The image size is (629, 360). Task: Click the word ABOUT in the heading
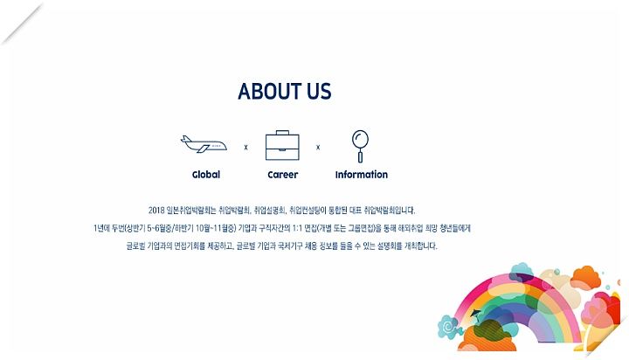(270, 91)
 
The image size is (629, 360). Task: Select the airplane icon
(204, 144)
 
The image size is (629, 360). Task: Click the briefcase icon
(282, 145)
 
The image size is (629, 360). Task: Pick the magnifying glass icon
(360, 146)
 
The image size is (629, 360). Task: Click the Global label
(206, 175)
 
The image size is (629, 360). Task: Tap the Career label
(283, 175)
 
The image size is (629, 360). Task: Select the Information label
(362, 175)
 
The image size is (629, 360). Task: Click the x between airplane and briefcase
(245, 148)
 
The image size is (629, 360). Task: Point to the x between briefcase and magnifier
(318, 148)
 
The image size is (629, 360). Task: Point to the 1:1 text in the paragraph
(297, 228)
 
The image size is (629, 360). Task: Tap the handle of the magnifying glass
(360, 156)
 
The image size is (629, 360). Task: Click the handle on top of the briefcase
(282, 133)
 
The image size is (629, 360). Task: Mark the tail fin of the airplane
(185, 139)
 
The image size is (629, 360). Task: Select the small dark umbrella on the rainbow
(476, 313)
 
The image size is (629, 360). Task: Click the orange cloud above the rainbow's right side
(585, 277)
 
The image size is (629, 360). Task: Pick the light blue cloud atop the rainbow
(522, 271)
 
